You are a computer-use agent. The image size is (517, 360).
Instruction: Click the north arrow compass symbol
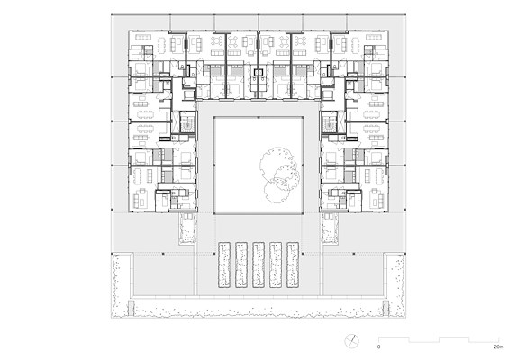pos(352,341)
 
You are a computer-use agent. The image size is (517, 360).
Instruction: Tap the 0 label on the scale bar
pos(378,346)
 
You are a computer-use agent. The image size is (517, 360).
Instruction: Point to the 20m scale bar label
pos(499,346)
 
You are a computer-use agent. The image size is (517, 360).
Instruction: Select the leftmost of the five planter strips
pos(224,265)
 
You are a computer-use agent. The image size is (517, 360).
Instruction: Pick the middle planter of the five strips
pos(258,265)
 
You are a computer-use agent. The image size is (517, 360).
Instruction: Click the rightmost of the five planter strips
pos(293,265)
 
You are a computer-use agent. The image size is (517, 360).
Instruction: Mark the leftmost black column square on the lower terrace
pos(163,254)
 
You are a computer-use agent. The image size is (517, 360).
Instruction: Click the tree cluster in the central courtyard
pos(280,174)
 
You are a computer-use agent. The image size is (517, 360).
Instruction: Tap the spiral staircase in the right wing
pos(329,122)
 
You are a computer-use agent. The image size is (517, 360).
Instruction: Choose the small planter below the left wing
pos(188,229)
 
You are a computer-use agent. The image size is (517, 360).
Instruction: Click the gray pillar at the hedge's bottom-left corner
pos(131,308)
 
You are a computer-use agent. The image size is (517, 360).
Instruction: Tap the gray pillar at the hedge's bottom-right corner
pos(385,308)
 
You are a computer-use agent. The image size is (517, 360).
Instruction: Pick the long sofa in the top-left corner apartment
pos(143,37)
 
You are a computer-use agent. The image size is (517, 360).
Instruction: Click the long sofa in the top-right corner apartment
pos(374,37)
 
